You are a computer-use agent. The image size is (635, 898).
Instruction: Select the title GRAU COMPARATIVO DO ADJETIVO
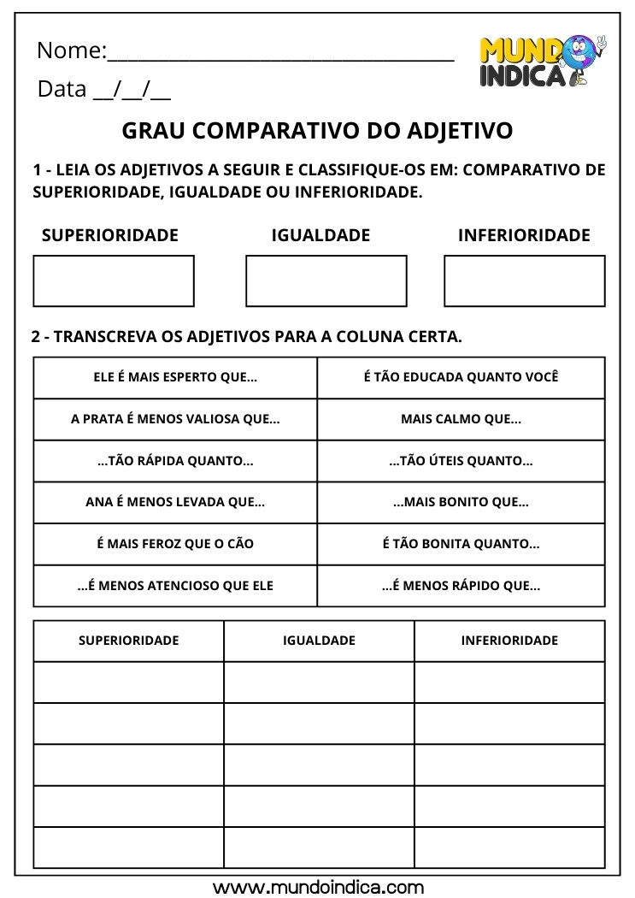click(318, 130)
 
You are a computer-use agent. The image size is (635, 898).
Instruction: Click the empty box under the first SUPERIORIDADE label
click(114, 281)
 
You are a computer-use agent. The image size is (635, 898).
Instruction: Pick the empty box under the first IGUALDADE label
click(326, 281)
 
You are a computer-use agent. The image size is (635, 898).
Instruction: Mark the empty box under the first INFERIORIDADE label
click(524, 281)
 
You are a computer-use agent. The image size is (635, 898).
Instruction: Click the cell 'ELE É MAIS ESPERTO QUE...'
click(175, 377)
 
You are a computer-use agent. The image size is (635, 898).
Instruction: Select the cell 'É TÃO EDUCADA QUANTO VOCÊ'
click(461, 377)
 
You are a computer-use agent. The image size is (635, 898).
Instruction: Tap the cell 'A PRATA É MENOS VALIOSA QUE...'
click(175, 419)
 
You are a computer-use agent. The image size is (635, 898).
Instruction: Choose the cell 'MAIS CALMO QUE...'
click(461, 419)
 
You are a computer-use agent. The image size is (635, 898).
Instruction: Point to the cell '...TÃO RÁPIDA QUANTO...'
click(175, 461)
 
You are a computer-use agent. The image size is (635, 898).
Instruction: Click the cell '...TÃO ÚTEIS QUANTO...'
click(461, 461)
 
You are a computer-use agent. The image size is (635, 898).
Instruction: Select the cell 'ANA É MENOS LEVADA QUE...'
click(175, 502)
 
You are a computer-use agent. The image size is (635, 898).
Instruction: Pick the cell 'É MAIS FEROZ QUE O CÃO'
click(175, 544)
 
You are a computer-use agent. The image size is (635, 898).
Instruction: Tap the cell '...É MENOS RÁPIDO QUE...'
click(461, 586)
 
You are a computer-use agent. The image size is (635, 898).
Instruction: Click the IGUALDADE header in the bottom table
click(319, 640)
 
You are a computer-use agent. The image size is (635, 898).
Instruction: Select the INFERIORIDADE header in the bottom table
click(509, 640)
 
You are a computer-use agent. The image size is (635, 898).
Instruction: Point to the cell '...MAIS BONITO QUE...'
click(461, 502)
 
